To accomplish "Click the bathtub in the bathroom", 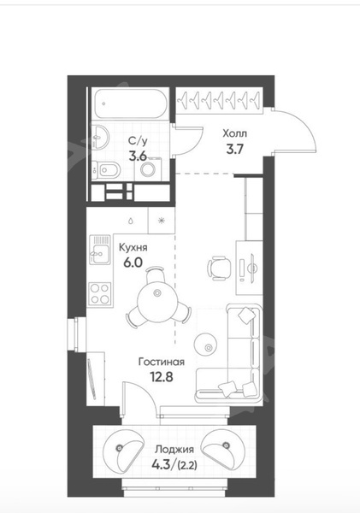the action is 131,103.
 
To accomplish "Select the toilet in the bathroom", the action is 105,170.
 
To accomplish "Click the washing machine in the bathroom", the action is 148,168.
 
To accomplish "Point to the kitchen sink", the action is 100,250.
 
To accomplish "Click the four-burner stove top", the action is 100,294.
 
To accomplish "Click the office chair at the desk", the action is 219,268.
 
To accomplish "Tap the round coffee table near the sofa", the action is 205,343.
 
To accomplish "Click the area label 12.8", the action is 162,377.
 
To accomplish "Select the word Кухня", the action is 133,248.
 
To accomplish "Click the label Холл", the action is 234,134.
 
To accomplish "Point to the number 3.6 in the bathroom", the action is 138,156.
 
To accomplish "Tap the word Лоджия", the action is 174,450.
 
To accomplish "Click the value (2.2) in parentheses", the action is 187,465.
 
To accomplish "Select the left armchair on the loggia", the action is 123,448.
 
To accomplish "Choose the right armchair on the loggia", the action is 223,448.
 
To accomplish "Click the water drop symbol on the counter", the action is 131,221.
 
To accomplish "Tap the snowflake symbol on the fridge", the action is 161,221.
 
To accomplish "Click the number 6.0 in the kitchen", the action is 133,262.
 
